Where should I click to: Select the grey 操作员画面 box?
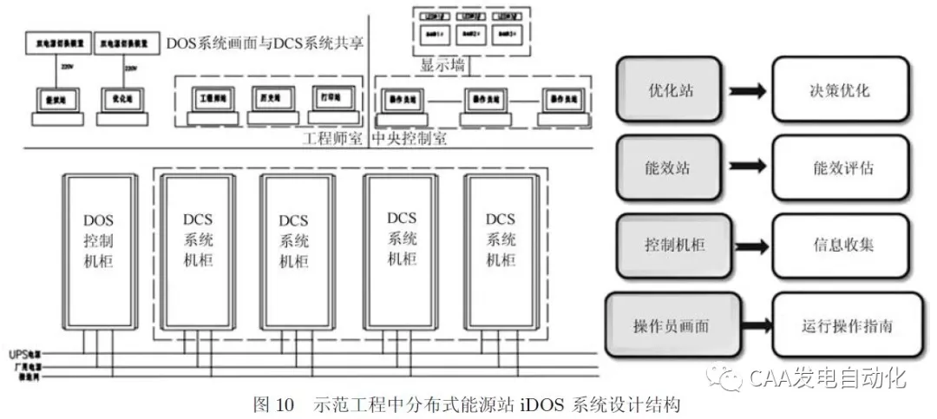(x=673, y=327)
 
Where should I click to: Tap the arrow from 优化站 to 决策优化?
(x=745, y=90)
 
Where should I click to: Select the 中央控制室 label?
(x=410, y=139)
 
